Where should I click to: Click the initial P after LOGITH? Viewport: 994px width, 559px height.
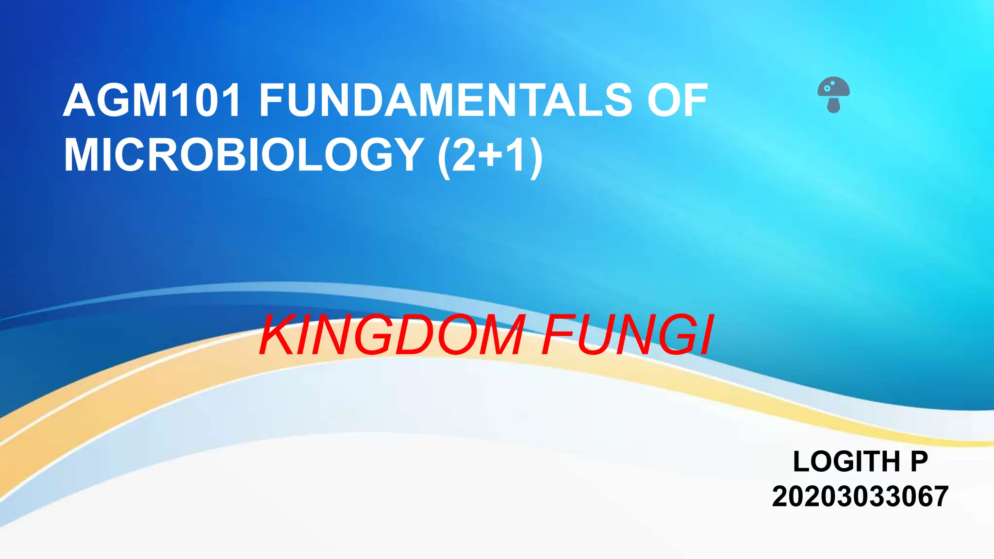(919, 461)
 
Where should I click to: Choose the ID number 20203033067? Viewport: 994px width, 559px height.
(860, 496)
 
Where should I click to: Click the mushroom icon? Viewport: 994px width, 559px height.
(833, 95)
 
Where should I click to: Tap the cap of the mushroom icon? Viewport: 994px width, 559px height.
(833, 87)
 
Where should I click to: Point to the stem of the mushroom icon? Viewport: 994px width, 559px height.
(833, 105)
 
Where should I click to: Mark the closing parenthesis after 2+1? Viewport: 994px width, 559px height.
(535, 156)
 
